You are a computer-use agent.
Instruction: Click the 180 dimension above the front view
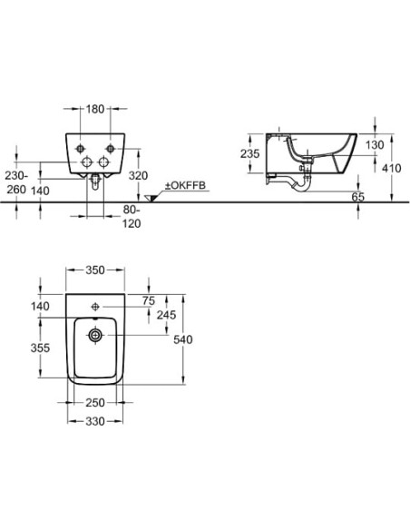(95, 109)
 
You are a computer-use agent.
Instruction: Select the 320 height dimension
(139, 175)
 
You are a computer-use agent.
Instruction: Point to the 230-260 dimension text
(16, 182)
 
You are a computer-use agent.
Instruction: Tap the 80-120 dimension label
(132, 217)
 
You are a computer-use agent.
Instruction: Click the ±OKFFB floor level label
(185, 185)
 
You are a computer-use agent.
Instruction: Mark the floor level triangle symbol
(150, 199)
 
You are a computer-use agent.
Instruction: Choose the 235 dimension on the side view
(250, 153)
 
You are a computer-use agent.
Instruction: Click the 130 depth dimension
(375, 145)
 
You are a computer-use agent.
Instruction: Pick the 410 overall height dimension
(392, 168)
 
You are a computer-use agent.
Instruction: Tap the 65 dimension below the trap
(358, 196)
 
